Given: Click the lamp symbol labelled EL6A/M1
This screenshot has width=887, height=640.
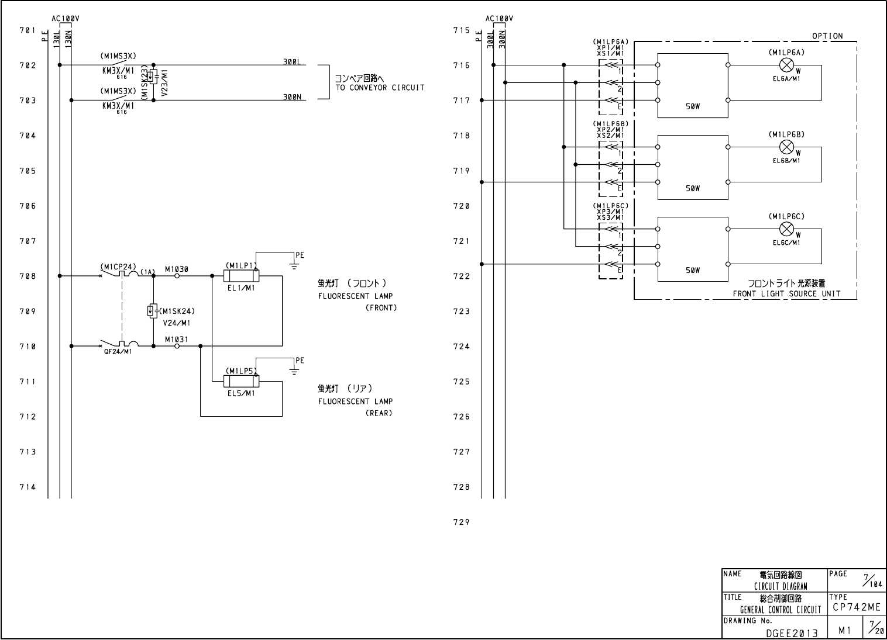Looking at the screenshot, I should pos(787,65).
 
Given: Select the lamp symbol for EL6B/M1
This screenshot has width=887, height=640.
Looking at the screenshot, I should pos(787,147).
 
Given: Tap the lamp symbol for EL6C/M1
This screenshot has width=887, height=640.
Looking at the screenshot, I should pos(787,229).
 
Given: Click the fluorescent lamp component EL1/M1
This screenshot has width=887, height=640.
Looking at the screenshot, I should pos(241,276).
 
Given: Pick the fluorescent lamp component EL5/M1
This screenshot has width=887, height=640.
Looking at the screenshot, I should pos(241,381).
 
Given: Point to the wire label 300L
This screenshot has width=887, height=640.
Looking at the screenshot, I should pos(292,61).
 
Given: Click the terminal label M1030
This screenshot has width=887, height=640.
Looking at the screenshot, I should pos(176,269).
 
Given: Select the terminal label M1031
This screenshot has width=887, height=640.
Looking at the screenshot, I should pos(176,340).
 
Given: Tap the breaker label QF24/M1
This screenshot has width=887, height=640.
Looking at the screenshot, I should pos(118,352).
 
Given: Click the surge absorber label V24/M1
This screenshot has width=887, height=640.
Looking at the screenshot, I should pos(177,323).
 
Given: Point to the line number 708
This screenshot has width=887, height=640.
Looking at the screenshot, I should pos(27,276).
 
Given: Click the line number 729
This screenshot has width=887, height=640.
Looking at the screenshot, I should pos(461,522).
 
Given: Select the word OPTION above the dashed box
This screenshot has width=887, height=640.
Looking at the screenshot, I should pos(827,36).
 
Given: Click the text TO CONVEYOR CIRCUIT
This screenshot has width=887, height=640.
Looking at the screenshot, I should pos(380,88).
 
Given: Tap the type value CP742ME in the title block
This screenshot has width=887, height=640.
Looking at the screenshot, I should pos(856,608).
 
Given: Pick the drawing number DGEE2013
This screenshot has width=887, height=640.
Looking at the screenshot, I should pos(792,632).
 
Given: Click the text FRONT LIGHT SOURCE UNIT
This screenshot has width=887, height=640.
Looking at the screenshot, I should pos(786,294).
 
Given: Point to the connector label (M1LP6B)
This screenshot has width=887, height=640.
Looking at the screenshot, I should pos(610,124).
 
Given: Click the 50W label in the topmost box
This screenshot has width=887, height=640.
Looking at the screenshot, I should pos(693,107).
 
